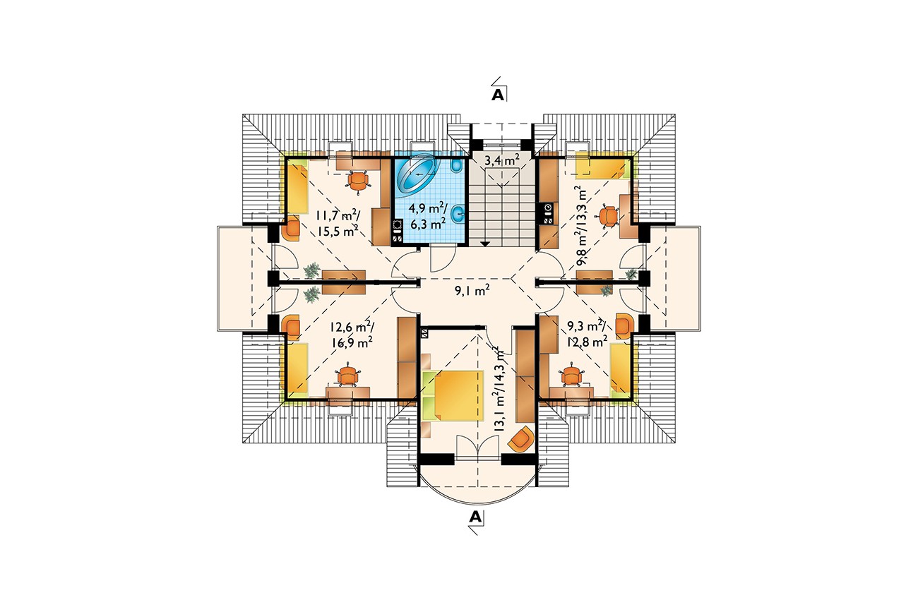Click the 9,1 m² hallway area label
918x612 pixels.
[472, 291]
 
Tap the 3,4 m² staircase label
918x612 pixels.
[502, 160]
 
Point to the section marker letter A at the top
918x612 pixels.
[497, 95]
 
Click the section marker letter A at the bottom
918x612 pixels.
[475, 517]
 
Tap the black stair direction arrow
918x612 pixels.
[485, 244]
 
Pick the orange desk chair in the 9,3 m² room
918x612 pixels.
[571, 374]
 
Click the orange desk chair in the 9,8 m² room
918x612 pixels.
[609, 216]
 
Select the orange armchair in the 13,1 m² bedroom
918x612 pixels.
[521, 439]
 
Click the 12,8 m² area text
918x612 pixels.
[587, 341]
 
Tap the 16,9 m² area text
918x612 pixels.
[352, 342]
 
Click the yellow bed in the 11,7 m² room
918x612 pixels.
[297, 187]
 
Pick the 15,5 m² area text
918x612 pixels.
[338, 231]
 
